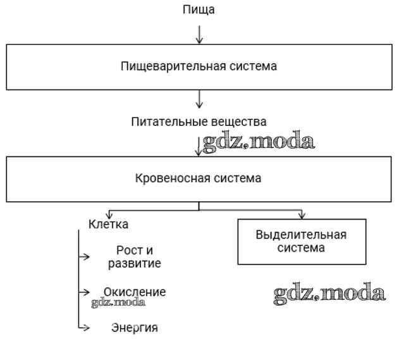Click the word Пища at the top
(x=199, y=9)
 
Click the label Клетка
(x=108, y=224)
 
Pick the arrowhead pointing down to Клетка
(x=109, y=214)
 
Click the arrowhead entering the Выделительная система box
(x=302, y=214)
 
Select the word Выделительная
(x=301, y=235)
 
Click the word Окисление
(x=135, y=292)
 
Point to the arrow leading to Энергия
(x=82, y=327)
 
